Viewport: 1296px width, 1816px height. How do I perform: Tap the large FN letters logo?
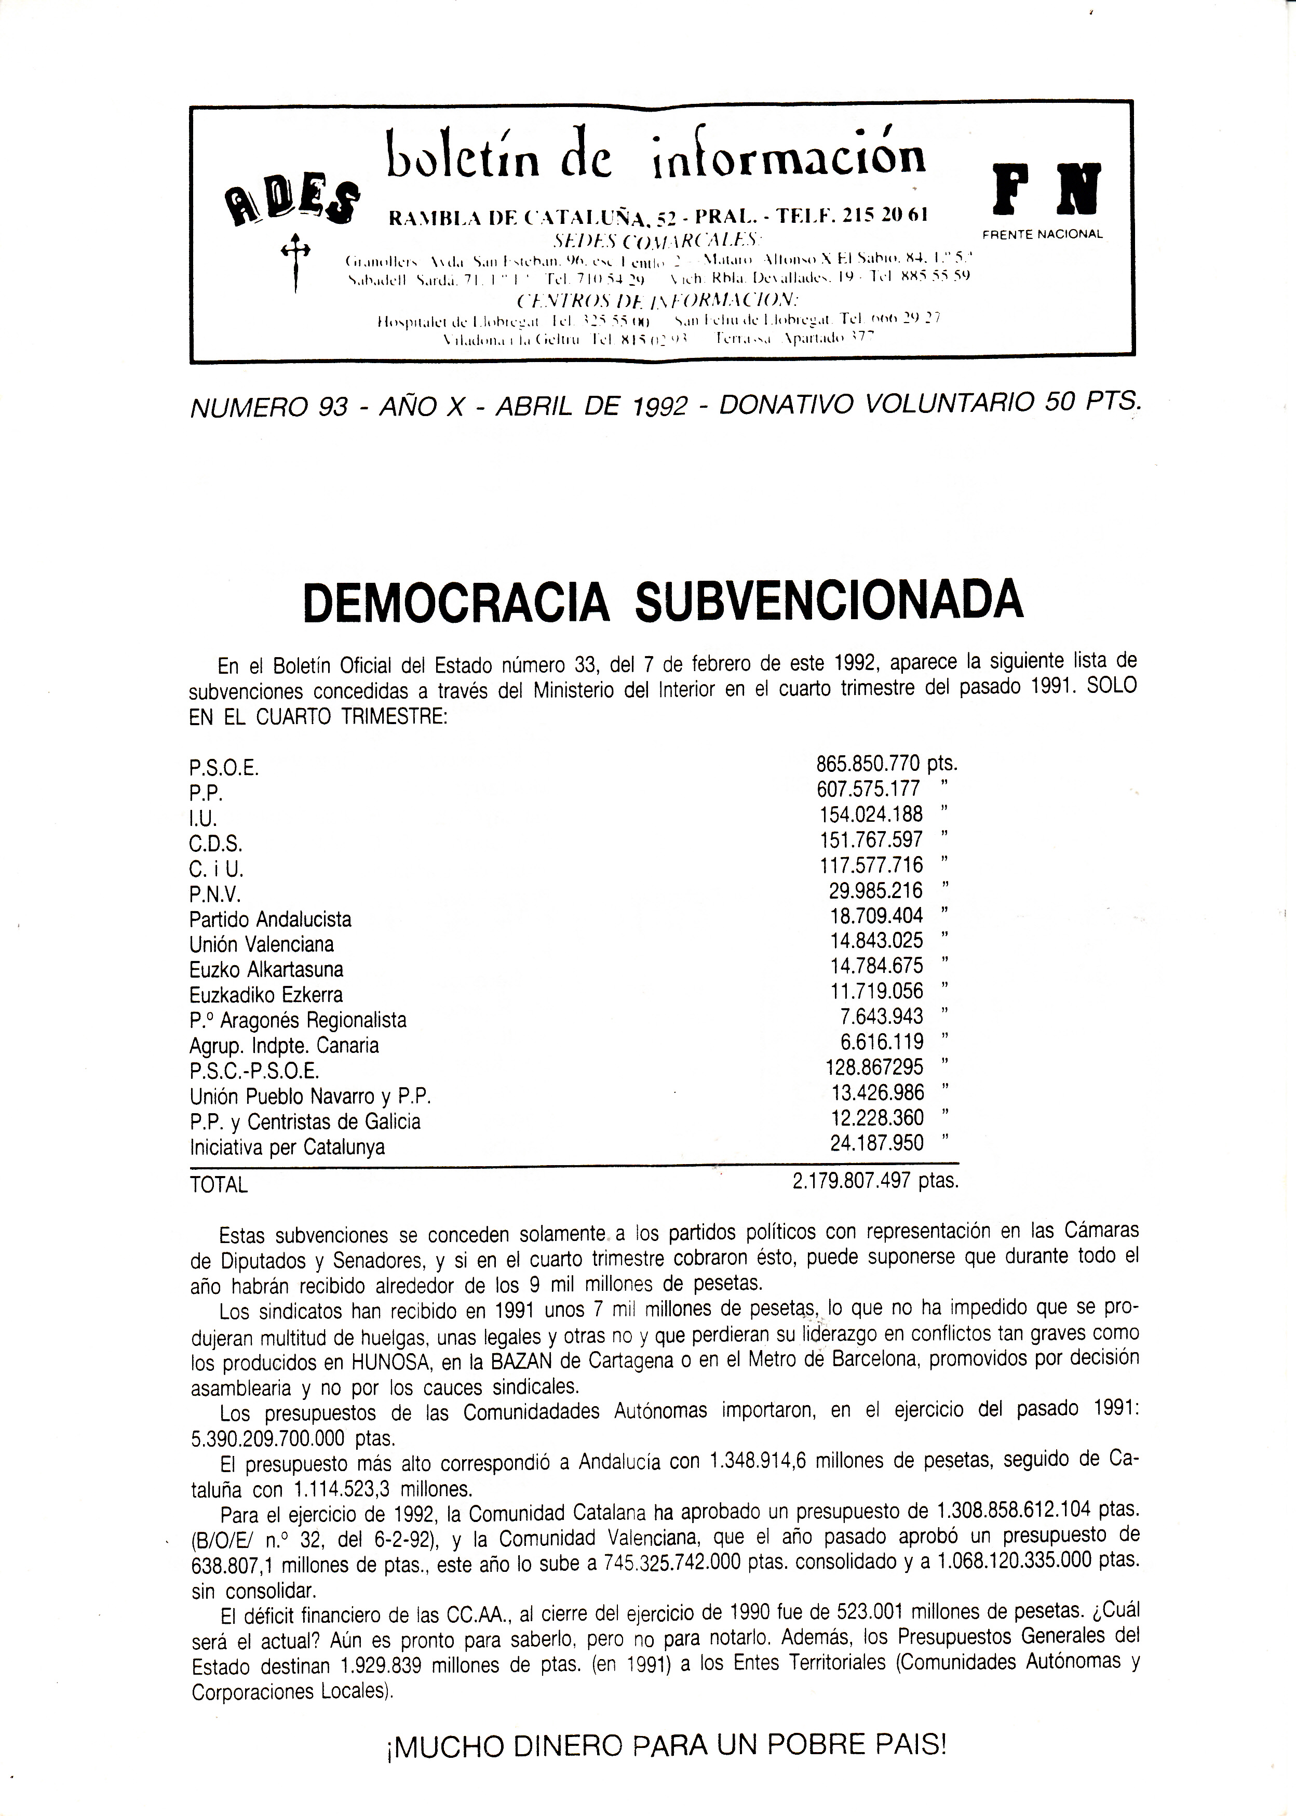pos(1046,189)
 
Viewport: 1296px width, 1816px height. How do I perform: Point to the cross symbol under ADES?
pos(295,259)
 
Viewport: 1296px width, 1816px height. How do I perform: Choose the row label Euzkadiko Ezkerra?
pos(266,995)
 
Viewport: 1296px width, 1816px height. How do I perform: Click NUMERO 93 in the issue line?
pos(269,407)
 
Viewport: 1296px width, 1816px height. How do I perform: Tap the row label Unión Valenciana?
pos(262,945)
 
